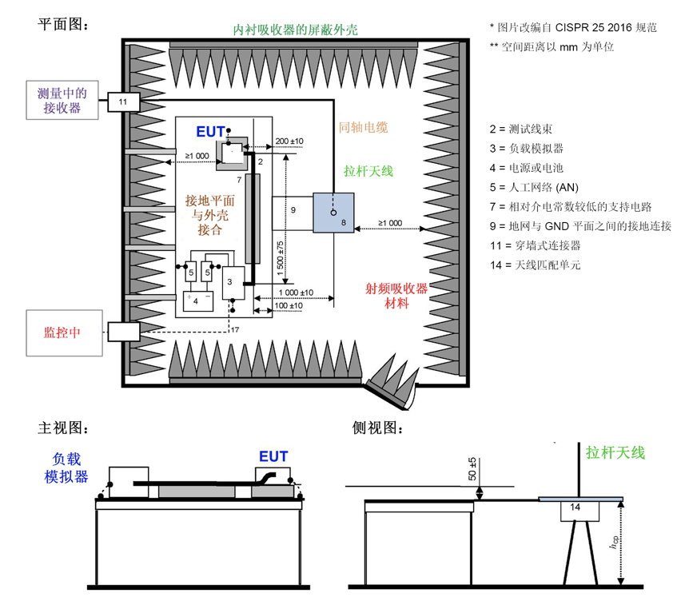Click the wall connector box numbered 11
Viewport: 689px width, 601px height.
pos(123,101)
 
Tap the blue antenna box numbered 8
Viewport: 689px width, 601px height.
pos(333,213)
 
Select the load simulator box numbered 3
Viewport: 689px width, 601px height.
pos(233,282)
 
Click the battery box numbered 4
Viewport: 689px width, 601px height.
pos(198,301)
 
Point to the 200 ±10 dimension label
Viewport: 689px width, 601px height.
pos(289,141)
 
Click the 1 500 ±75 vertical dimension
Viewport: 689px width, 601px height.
pos(281,258)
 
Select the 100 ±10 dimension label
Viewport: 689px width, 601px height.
pos(289,306)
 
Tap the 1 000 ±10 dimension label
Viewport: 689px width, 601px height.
pos(296,293)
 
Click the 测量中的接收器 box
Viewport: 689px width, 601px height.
pos(62,100)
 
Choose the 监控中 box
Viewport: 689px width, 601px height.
pos(64,333)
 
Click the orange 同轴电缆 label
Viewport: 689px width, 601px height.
pos(363,127)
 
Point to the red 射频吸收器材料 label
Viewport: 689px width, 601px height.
pos(396,296)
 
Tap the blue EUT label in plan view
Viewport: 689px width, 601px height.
pos(210,132)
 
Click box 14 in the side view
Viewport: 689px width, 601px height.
pos(579,511)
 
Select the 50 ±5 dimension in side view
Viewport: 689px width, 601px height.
pos(472,469)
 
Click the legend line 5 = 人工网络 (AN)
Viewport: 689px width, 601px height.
pos(534,188)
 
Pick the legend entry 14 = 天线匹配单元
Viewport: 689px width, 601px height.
pos(536,265)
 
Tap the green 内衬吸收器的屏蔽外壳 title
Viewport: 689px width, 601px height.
pos(295,30)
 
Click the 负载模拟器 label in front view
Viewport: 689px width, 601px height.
pos(66,468)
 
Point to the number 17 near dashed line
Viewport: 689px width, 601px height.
pos(235,329)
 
